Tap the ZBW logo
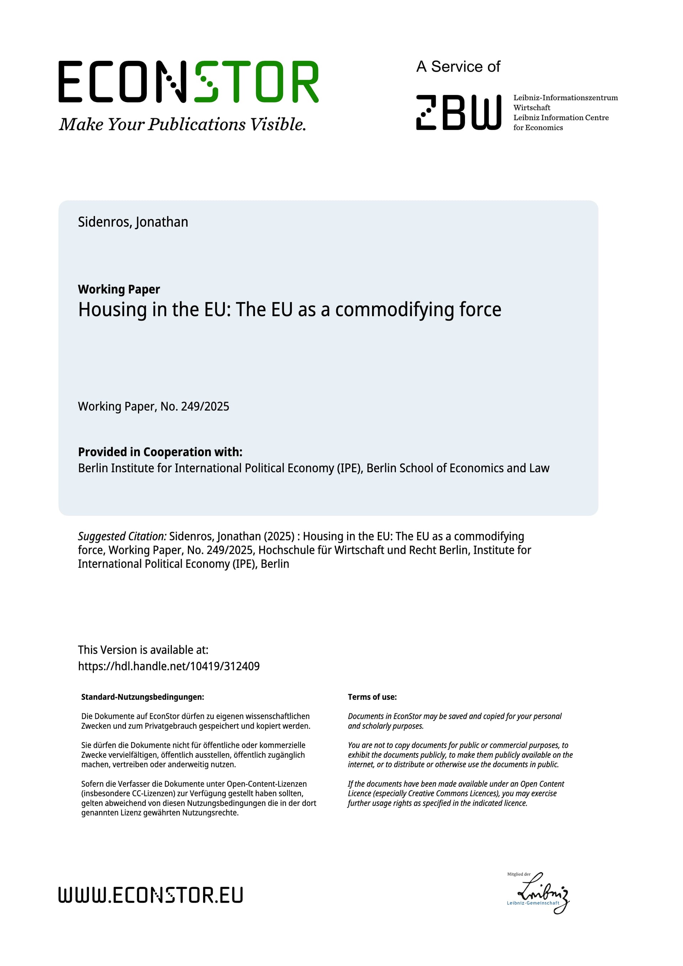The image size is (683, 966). click(x=459, y=112)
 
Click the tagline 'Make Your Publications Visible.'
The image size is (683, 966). click(x=182, y=125)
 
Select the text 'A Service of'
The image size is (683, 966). click(x=458, y=67)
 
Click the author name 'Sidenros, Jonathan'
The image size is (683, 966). click(x=133, y=222)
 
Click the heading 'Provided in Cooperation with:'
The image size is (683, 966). click(x=160, y=452)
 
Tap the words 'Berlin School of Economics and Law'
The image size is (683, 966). click(x=457, y=468)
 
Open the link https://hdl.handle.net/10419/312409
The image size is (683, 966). click(x=169, y=666)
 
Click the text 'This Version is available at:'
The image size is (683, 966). click(x=143, y=650)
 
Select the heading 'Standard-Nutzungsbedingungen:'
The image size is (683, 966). click(x=143, y=697)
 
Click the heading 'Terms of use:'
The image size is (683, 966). click(x=372, y=697)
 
